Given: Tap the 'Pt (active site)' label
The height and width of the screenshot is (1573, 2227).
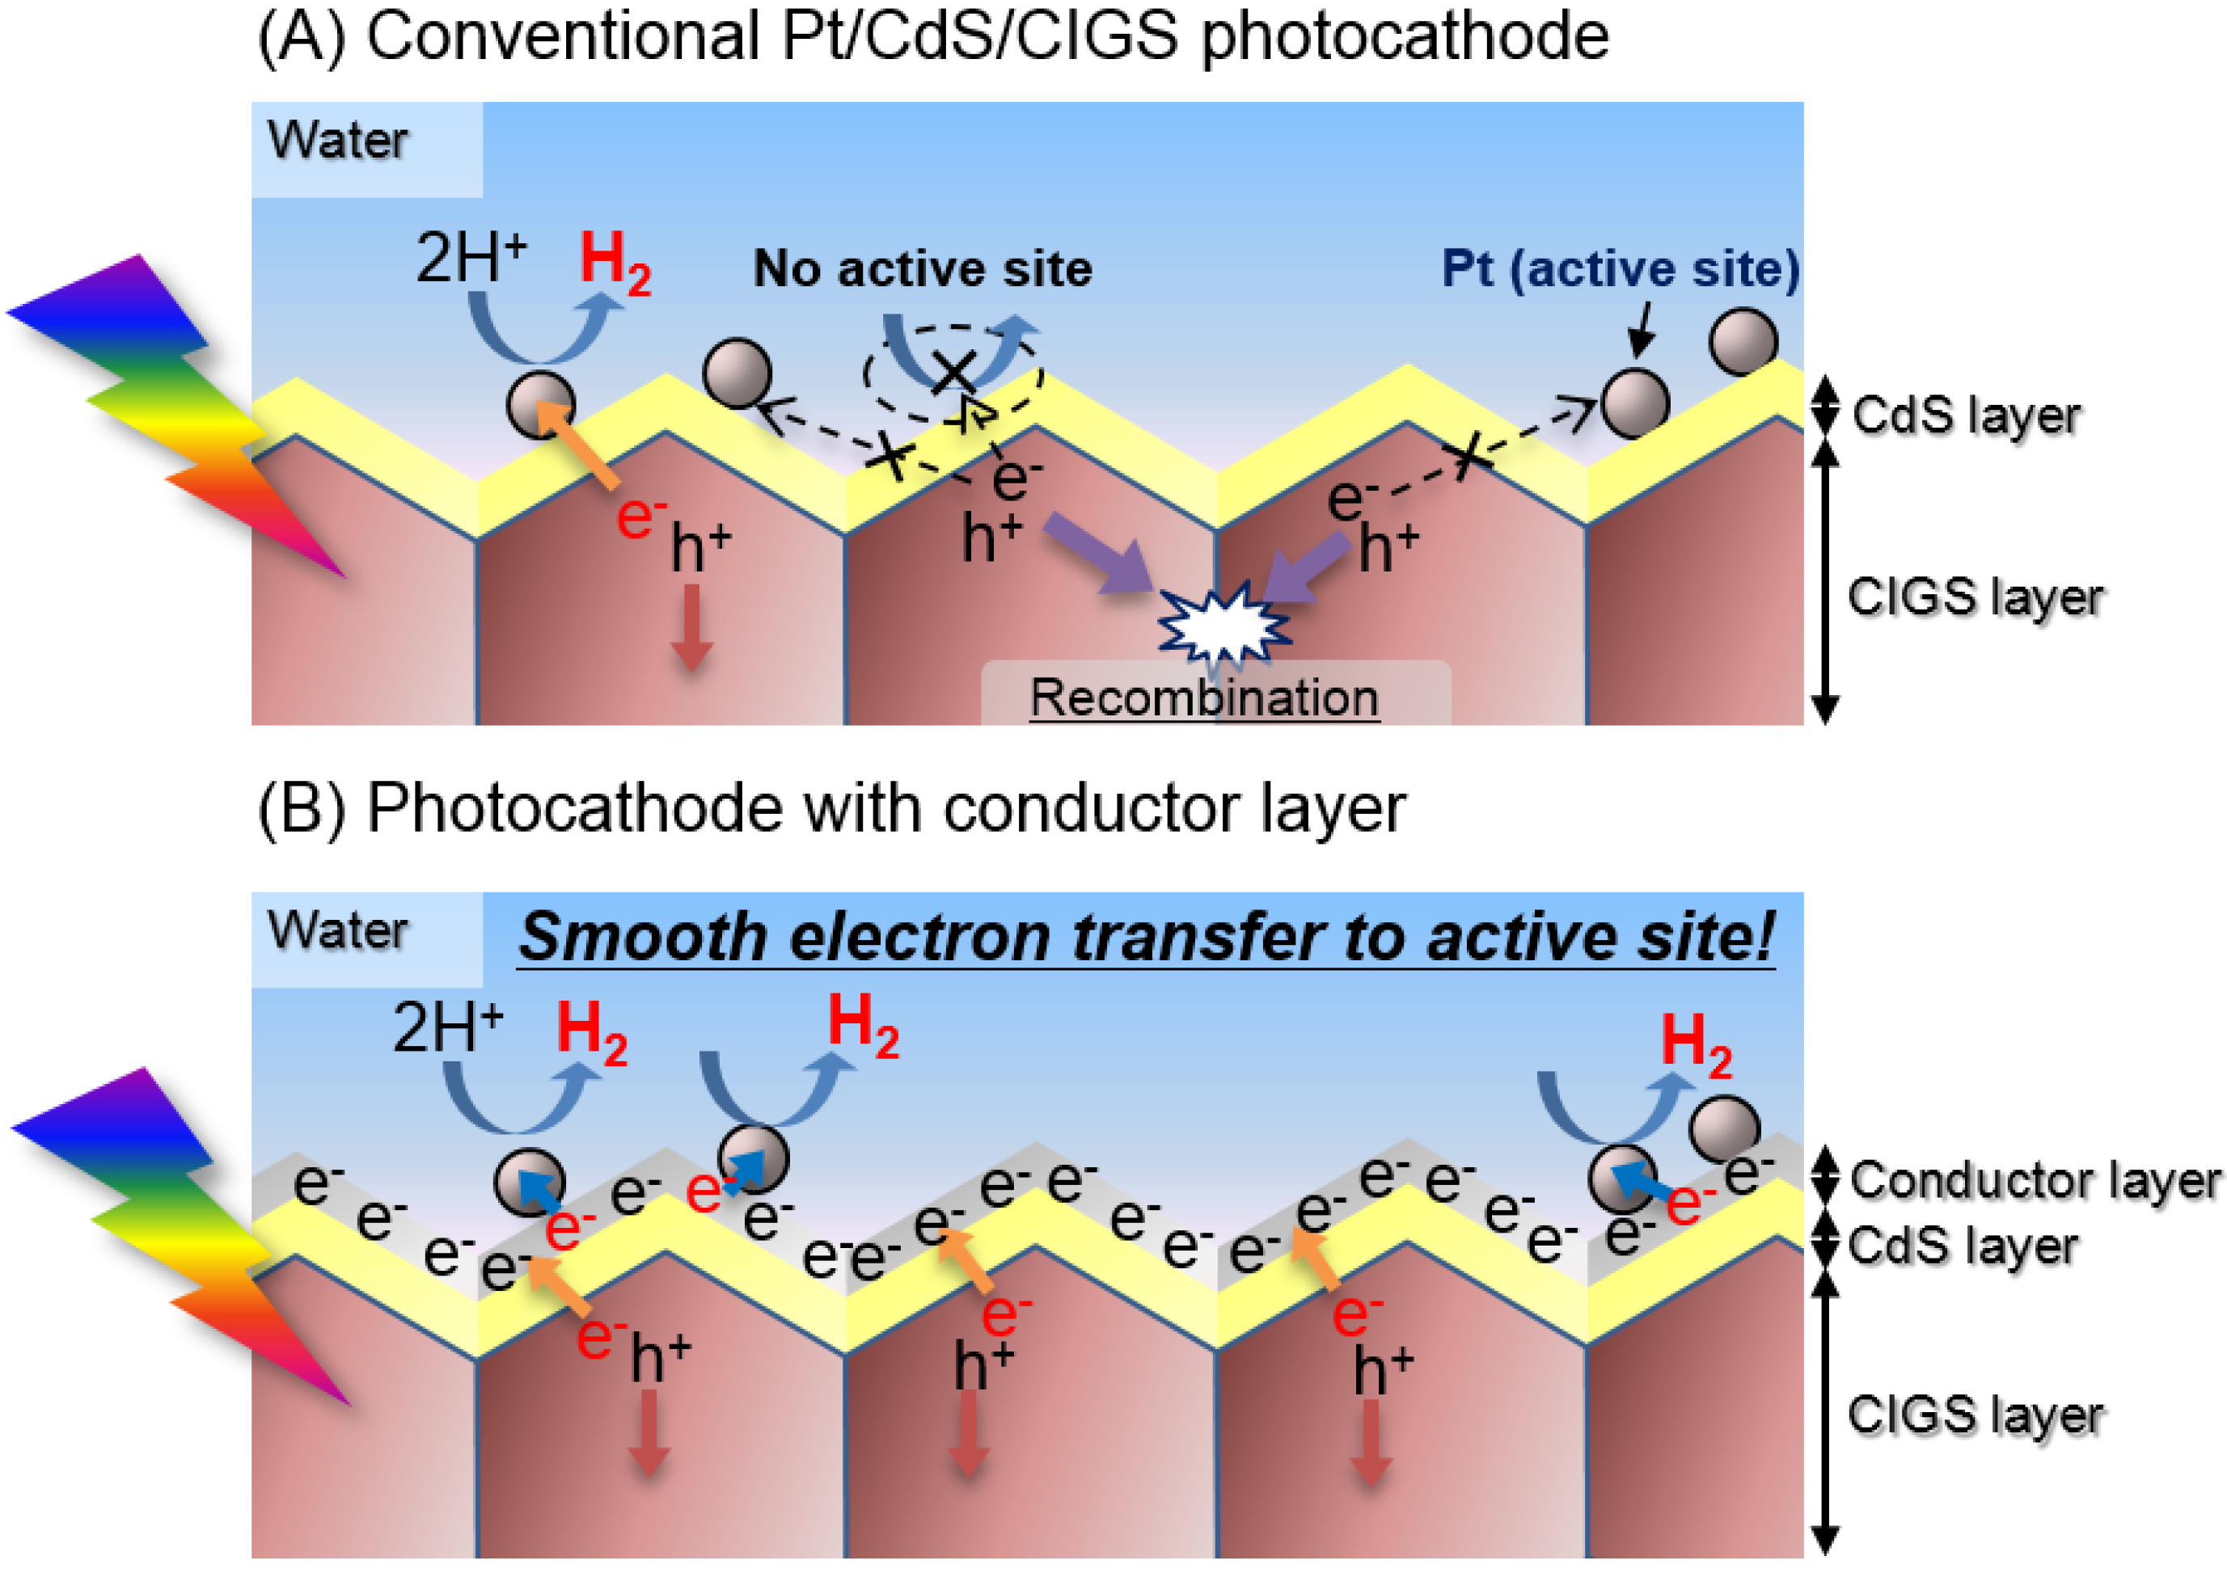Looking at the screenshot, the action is pos(1620,268).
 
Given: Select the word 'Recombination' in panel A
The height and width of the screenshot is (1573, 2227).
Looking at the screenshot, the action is pos(1204,698).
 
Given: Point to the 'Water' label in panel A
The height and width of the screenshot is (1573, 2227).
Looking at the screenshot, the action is pos(337,141).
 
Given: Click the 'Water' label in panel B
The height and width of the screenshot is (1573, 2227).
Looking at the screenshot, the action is pos(337,931).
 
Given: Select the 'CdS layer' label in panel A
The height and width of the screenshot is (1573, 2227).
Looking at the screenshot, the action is pos(1966,415).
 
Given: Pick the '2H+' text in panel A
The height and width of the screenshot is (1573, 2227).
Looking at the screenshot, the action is pos(471,258).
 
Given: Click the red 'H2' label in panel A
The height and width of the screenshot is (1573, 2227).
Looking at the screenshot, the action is pos(615,264).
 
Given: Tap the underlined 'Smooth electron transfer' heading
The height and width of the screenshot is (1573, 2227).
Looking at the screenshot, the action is pos(1147,938).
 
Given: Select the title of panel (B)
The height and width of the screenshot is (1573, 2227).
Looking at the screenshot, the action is pos(831,808).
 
